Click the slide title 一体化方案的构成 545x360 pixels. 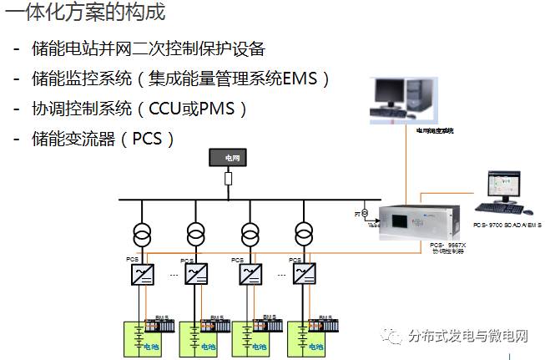click(x=83, y=13)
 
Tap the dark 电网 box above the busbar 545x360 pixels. click(x=228, y=156)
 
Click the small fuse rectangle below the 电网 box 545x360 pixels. click(x=228, y=178)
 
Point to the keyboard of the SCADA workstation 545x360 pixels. click(x=501, y=209)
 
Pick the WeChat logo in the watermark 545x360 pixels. click(x=391, y=337)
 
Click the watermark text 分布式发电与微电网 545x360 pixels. click(x=469, y=337)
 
